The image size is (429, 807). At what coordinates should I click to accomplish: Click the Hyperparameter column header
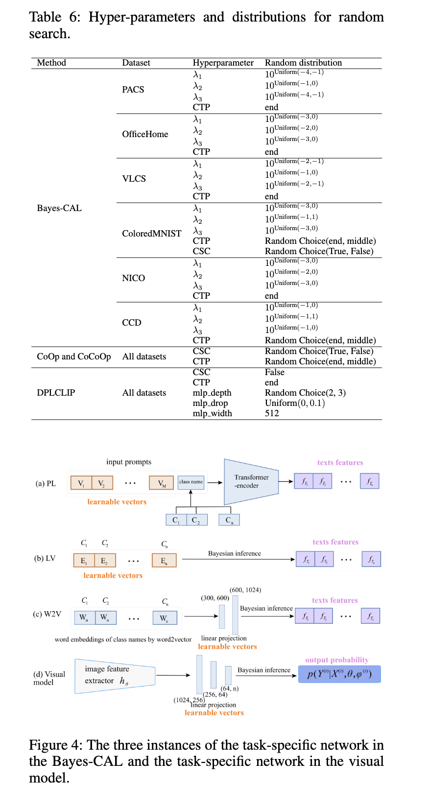[x=223, y=63]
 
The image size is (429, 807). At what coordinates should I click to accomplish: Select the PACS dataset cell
[x=133, y=90]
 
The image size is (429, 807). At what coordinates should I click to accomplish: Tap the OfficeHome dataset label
[x=145, y=134]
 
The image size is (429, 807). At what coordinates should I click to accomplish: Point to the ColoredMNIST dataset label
[x=152, y=234]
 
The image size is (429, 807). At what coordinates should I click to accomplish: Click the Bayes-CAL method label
[x=59, y=208]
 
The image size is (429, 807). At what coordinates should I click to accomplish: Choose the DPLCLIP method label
[x=56, y=393]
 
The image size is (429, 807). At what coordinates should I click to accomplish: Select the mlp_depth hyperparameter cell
[x=212, y=393]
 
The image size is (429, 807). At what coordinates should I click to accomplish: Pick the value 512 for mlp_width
[x=272, y=413]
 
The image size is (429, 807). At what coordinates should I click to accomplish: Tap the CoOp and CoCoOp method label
[x=74, y=356]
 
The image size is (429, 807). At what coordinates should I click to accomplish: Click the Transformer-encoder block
[x=251, y=482]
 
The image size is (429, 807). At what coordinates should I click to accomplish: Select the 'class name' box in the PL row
[x=191, y=482]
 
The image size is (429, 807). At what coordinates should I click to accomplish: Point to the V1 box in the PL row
[x=81, y=483]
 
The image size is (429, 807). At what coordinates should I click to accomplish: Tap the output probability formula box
[x=339, y=674]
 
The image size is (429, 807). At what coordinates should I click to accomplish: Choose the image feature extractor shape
[x=115, y=676]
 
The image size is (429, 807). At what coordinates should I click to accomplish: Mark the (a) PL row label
[x=46, y=483]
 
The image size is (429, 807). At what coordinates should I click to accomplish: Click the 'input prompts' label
[x=129, y=462]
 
